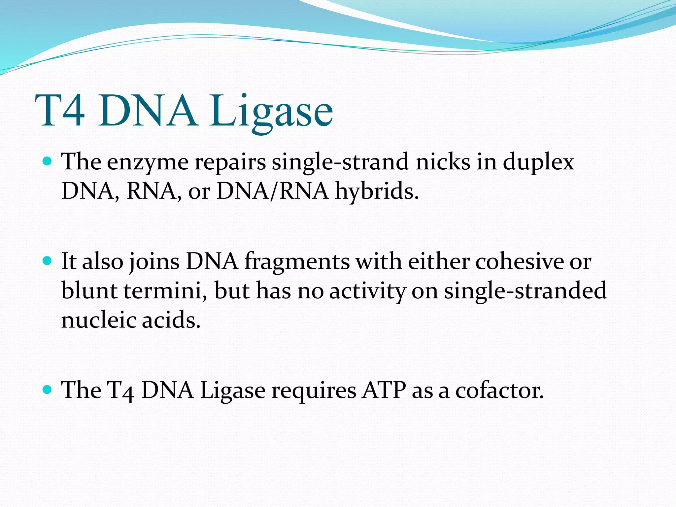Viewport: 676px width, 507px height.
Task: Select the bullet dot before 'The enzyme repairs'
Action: (48, 161)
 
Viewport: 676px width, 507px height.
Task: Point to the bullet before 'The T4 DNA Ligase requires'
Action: (48, 390)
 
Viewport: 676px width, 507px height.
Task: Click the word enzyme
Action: (148, 163)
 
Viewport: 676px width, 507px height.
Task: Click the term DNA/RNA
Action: (273, 191)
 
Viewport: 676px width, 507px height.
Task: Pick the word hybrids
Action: (376, 191)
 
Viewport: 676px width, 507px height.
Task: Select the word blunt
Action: (89, 290)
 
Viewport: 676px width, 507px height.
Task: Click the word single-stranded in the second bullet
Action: (525, 290)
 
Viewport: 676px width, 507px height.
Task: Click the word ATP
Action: (384, 390)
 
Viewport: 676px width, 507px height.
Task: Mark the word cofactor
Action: (499, 390)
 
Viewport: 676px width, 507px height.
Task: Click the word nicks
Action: (443, 162)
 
